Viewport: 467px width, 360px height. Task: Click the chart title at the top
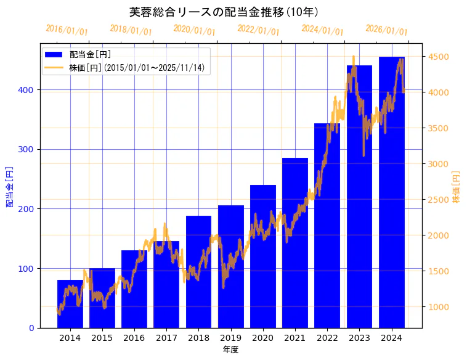click(x=224, y=12)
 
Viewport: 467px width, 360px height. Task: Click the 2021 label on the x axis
click(x=295, y=337)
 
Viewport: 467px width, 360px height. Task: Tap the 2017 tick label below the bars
click(x=166, y=337)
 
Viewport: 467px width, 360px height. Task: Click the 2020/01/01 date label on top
click(x=195, y=30)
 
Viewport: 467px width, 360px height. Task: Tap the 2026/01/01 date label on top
click(x=386, y=30)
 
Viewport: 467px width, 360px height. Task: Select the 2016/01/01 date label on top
click(x=67, y=30)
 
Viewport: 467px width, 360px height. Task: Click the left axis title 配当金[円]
click(x=9, y=187)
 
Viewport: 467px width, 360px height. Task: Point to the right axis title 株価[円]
click(x=457, y=187)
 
